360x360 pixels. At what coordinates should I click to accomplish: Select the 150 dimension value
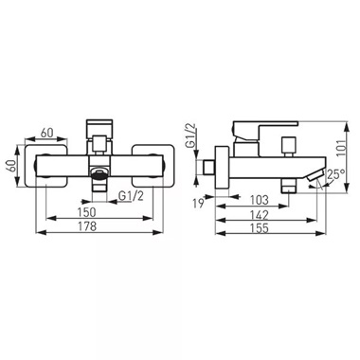click(x=86, y=212)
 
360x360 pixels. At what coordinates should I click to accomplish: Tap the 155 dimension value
click(x=260, y=227)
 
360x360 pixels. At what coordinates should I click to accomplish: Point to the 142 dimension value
click(x=260, y=215)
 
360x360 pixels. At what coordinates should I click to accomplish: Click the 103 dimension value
click(x=259, y=200)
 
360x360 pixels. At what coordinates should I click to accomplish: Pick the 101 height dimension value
click(x=349, y=148)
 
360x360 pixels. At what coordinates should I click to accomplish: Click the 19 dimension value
click(x=199, y=204)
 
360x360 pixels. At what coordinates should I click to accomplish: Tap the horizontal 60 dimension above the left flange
click(x=46, y=133)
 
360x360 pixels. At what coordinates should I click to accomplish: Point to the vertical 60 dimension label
click(x=11, y=165)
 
